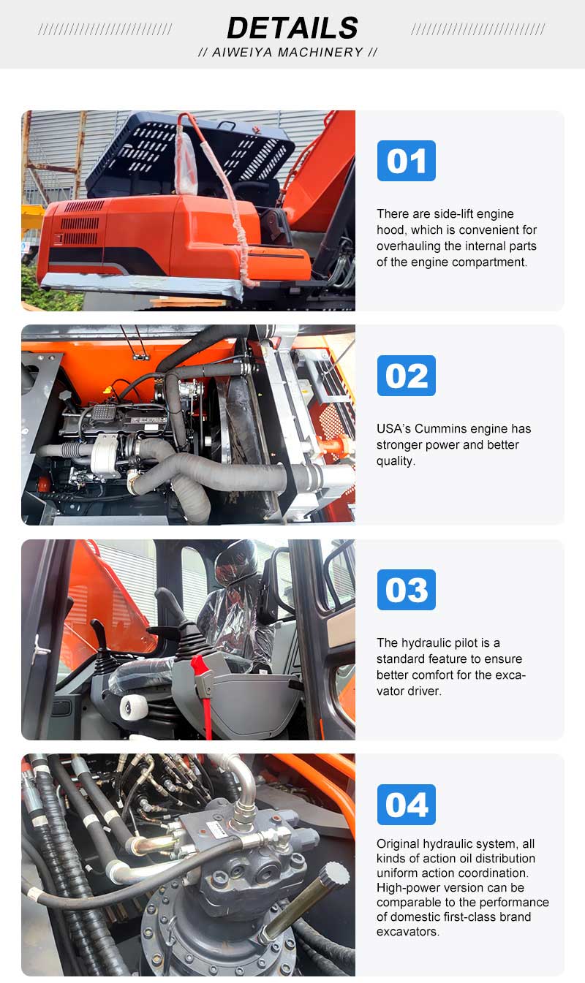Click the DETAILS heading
[292, 28]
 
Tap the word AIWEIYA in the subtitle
[243, 53]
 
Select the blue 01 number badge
[407, 161]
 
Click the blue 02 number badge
[407, 376]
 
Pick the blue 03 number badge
[407, 590]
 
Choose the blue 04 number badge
[407, 805]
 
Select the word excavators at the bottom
[408, 931]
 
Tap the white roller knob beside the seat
[134, 707]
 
